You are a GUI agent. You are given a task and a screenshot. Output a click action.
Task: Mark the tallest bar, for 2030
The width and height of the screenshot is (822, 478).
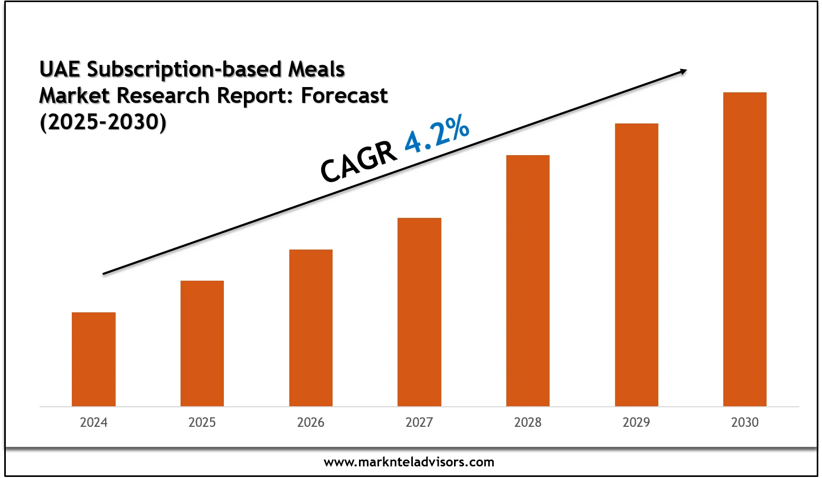(x=744, y=249)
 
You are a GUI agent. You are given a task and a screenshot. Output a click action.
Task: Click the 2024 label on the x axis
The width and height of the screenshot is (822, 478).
(x=93, y=423)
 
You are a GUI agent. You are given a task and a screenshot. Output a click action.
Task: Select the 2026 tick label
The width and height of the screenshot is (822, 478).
(x=311, y=423)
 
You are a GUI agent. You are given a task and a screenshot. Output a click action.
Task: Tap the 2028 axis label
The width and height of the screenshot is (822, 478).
(x=528, y=423)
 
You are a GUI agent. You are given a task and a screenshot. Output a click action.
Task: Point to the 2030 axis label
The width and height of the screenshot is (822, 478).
(x=744, y=423)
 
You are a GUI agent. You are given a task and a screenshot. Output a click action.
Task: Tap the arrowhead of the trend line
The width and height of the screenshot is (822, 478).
(x=683, y=71)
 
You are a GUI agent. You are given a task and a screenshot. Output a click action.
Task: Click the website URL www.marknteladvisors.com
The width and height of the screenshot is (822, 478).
(x=409, y=463)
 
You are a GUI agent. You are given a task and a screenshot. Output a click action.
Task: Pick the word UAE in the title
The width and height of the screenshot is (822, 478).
(x=60, y=70)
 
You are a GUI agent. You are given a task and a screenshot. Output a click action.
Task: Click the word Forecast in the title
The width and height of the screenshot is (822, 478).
(x=344, y=96)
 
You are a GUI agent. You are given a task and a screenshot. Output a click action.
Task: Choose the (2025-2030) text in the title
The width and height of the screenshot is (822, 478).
(x=103, y=122)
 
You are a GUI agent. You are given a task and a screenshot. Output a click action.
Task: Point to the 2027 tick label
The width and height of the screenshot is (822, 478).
(x=419, y=423)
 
